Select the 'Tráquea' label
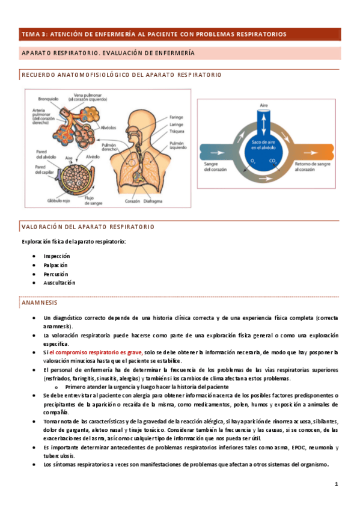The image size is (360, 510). (176, 131)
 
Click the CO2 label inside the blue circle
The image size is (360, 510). (273, 161)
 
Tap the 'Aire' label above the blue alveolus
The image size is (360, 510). (263, 105)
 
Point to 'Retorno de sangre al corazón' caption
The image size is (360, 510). (311, 166)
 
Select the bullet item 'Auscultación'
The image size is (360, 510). (59, 283)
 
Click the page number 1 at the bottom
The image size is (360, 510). (337, 484)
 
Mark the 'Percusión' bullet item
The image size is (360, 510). (55, 274)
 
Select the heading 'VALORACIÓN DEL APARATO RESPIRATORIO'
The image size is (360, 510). (88, 227)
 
